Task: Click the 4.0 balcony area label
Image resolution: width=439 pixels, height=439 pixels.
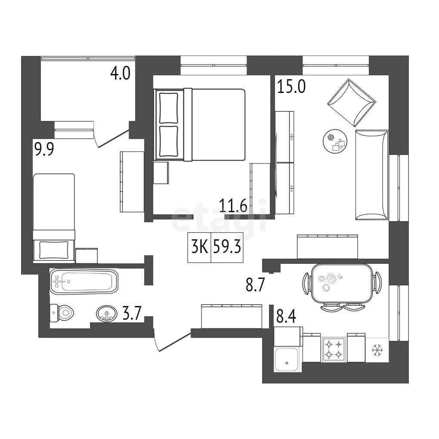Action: (x=120, y=74)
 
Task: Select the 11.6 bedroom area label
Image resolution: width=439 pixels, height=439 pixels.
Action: (x=233, y=205)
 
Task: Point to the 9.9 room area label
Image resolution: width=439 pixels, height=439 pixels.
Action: (x=44, y=149)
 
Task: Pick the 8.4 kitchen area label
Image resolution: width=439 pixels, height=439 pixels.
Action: (x=286, y=317)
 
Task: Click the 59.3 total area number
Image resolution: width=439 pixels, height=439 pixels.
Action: (x=227, y=247)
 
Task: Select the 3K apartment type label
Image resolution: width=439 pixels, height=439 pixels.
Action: (x=199, y=247)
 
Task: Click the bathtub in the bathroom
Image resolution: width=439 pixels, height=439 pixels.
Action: (x=84, y=281)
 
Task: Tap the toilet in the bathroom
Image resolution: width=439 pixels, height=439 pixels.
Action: (x=62, y=313)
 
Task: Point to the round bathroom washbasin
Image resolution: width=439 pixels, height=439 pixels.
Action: (x=107, y=313)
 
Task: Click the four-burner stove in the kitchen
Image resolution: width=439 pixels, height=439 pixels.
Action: (x=334, y=349)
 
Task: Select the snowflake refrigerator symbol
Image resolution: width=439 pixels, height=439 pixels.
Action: (x=377, y=350)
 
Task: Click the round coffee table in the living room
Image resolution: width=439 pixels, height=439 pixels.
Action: (x=335, y=141)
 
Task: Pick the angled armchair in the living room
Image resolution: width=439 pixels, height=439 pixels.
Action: (x=351, y=103)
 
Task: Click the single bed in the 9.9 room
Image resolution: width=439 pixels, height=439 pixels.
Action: (x=54, y=218)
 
